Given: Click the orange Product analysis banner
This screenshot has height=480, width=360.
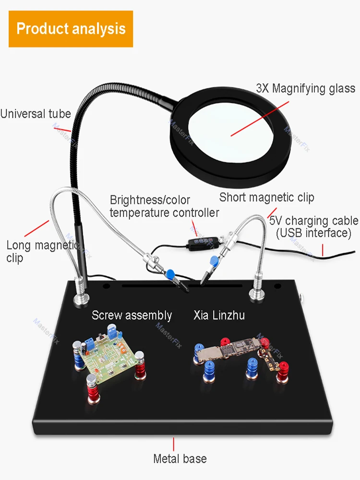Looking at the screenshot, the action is tap(71, 29).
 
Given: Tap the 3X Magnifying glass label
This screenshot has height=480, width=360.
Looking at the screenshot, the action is tap(305, 88).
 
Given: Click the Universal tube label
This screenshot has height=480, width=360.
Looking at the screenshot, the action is tap(36, 114).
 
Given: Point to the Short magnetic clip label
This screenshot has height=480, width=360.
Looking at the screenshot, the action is tap(266, 197).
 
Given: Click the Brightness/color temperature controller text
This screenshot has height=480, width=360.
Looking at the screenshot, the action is tap(164, 206).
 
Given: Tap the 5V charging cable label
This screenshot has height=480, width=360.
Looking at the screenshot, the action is tap(314, 227).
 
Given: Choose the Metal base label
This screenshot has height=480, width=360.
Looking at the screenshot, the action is tap(180, 458).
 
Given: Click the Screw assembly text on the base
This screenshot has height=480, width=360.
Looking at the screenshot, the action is tap(132, 315).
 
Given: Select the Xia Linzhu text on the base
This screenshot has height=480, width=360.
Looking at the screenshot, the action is tap(219, 315).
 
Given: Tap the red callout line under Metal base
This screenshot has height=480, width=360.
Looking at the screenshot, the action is tap(174, 444).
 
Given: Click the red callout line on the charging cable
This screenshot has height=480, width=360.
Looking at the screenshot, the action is tap(323, 250).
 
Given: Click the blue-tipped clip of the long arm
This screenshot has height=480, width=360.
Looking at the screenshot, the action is tap(175, 277).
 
